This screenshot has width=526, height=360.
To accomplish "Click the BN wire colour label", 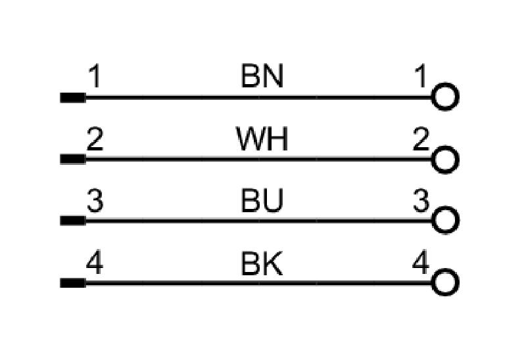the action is [x=262, y=76].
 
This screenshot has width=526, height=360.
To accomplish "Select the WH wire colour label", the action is [x=262, y=139].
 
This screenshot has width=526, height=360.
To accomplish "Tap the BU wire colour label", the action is [x=262, y=200].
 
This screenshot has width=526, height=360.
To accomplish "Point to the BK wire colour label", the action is [x=262, y=263].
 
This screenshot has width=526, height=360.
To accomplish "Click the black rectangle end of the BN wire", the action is [x=73, y=97].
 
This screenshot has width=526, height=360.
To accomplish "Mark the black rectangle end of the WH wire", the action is [x=73, y=159].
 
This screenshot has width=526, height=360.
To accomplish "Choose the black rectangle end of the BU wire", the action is [x=73, y=221].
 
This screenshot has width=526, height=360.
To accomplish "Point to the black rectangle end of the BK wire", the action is [x=73, y=283].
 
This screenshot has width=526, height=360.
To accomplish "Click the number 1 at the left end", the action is [x=95, y=76].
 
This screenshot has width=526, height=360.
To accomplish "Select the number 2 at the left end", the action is [x=95, y=139].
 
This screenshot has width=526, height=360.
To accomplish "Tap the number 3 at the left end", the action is [x=95, y=200].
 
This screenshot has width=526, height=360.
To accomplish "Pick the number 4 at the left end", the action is [x=95, y=263].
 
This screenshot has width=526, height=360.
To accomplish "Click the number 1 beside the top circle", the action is [x=421, y=76].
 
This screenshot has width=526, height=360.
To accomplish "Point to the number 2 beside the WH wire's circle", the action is [x=421, y=139].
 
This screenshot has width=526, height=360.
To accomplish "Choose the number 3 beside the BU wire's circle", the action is [x=421, y=200].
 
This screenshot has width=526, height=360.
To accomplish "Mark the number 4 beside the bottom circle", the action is [x=421, y=263].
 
